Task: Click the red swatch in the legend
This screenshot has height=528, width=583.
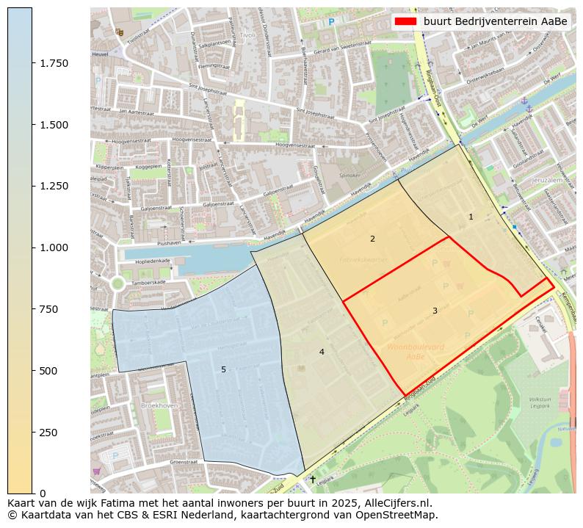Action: [x=405, y=21]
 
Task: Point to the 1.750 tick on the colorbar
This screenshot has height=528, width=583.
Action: [x=32, y=63]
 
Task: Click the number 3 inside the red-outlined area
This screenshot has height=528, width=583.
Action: [x=435, y=311]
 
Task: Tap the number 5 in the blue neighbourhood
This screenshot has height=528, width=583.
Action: [x=223, y=369]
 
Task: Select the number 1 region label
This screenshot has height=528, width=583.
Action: [x=471, y=217]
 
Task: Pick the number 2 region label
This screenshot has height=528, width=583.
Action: [x=372, y=239]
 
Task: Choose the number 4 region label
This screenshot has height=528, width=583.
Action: [x=322, y=352]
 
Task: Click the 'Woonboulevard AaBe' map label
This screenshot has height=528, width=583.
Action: [x=416, y=351]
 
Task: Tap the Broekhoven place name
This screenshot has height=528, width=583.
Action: [x=160, y=405]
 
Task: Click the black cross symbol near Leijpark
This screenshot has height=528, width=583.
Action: [x=312, y=479]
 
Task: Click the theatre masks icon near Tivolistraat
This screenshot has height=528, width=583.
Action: [x=120, y=32]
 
